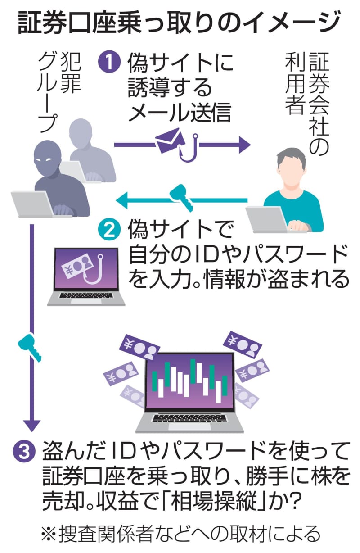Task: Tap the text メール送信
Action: (x=180, y=113)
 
